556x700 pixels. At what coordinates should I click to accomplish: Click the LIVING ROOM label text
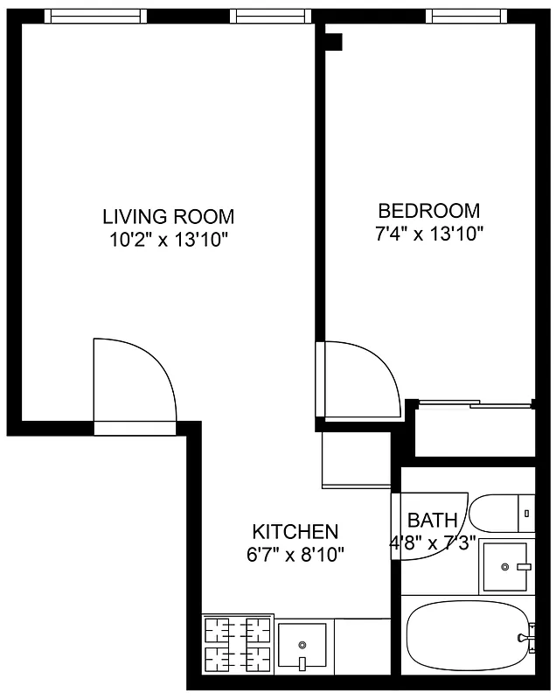point(168,216)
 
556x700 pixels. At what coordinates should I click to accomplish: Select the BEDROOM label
point(428,211)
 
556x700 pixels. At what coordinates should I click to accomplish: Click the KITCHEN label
point(295,531)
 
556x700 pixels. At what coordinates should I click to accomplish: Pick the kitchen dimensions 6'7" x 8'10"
point(295,553)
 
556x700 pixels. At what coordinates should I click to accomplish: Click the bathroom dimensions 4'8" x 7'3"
point(432,542)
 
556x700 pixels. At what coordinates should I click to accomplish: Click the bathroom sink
point(506,566)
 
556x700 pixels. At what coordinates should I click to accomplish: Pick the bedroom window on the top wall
point(467,16)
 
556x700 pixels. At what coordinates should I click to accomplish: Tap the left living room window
point(94,16)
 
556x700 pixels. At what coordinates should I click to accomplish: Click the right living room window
point(270,16)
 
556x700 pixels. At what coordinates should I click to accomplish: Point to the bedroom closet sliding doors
point(474,403)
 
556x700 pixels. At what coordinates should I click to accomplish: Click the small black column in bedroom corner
point(333,41)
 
